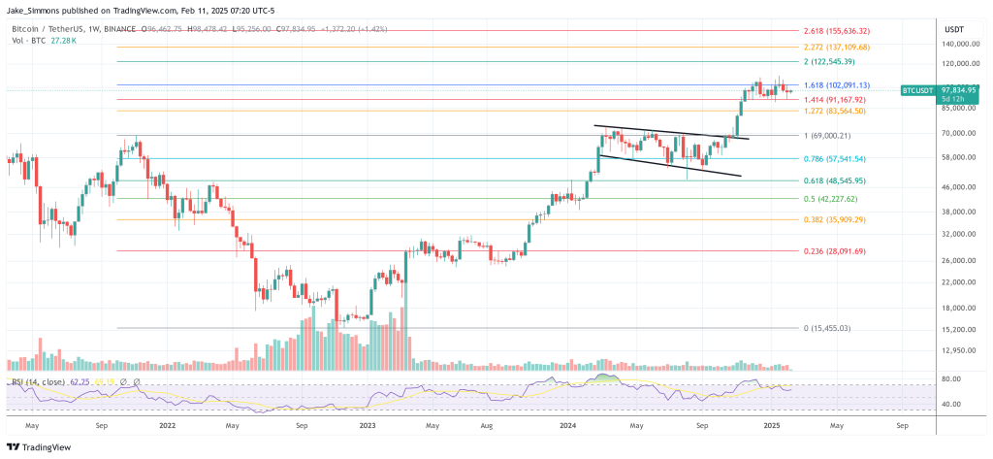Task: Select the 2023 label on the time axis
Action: point(367,425)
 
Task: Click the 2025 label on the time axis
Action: point(772,425)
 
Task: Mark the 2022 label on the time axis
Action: point(168,425)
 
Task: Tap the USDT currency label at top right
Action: point(953,29)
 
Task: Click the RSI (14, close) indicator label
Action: point(41,382)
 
